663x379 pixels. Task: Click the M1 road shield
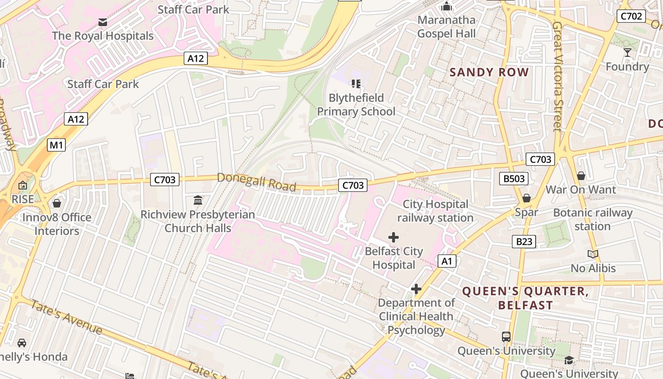pos(56,145)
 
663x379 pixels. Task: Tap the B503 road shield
pos(514,179)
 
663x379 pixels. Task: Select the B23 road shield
pos(524,242)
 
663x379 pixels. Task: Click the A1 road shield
pos(447,261)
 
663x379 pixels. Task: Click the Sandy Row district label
pos(489,72)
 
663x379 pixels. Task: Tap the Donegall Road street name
pos(256,182)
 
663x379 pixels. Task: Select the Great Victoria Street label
pos(557,76)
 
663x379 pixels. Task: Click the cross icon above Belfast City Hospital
pos(394,237)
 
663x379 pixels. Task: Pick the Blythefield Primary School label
pos(356,105)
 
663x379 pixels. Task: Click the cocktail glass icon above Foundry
pos(627,52)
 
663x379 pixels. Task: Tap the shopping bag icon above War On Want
pos(581,176)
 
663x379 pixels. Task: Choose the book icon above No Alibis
pos(593,254)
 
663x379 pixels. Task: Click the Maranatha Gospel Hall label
pos(446,27)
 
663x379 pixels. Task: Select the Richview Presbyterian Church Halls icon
pos(198,200)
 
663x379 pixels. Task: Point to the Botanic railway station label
pos(592,219)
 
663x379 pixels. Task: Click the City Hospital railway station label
pos(435,211)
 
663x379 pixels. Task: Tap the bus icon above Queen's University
pos(506,337)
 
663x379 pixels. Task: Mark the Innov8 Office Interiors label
pos(57,224)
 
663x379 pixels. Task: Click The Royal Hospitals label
pos(103,36)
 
